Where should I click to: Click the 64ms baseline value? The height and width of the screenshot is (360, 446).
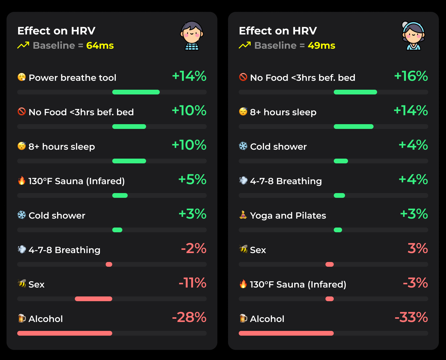[100, 45]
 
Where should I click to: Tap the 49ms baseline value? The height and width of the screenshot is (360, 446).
[321, 45]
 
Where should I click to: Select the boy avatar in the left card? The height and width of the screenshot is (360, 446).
[192, 35]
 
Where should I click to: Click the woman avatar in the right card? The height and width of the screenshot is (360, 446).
[413, 35]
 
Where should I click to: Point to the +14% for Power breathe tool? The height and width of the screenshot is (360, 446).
[189, 76]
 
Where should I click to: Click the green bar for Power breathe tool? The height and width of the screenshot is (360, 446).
[136, 92]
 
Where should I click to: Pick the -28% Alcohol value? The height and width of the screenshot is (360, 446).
[189, 317]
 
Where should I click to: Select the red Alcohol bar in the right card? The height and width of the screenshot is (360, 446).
[286, 333]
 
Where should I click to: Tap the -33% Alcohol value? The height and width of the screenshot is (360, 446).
[411, 317]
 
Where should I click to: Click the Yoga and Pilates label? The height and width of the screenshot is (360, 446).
[288, 215]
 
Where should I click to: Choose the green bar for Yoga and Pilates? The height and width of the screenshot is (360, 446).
[338, 230]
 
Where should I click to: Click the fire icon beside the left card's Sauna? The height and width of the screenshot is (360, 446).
[22, 181]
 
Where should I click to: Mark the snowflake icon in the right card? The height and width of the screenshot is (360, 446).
[243, 146]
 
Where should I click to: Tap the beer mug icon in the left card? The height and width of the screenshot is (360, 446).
[22, 318]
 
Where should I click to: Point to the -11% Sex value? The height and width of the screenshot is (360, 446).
[192, 283]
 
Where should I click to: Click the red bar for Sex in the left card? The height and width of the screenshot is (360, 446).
[94, 299]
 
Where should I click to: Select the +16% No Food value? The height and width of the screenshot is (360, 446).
[411, 76]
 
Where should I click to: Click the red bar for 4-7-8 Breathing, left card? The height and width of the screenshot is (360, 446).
[109, 264]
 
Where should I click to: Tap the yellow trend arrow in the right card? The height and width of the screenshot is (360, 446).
[245, 45]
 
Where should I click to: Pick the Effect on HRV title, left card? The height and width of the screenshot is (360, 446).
[56, 31]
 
